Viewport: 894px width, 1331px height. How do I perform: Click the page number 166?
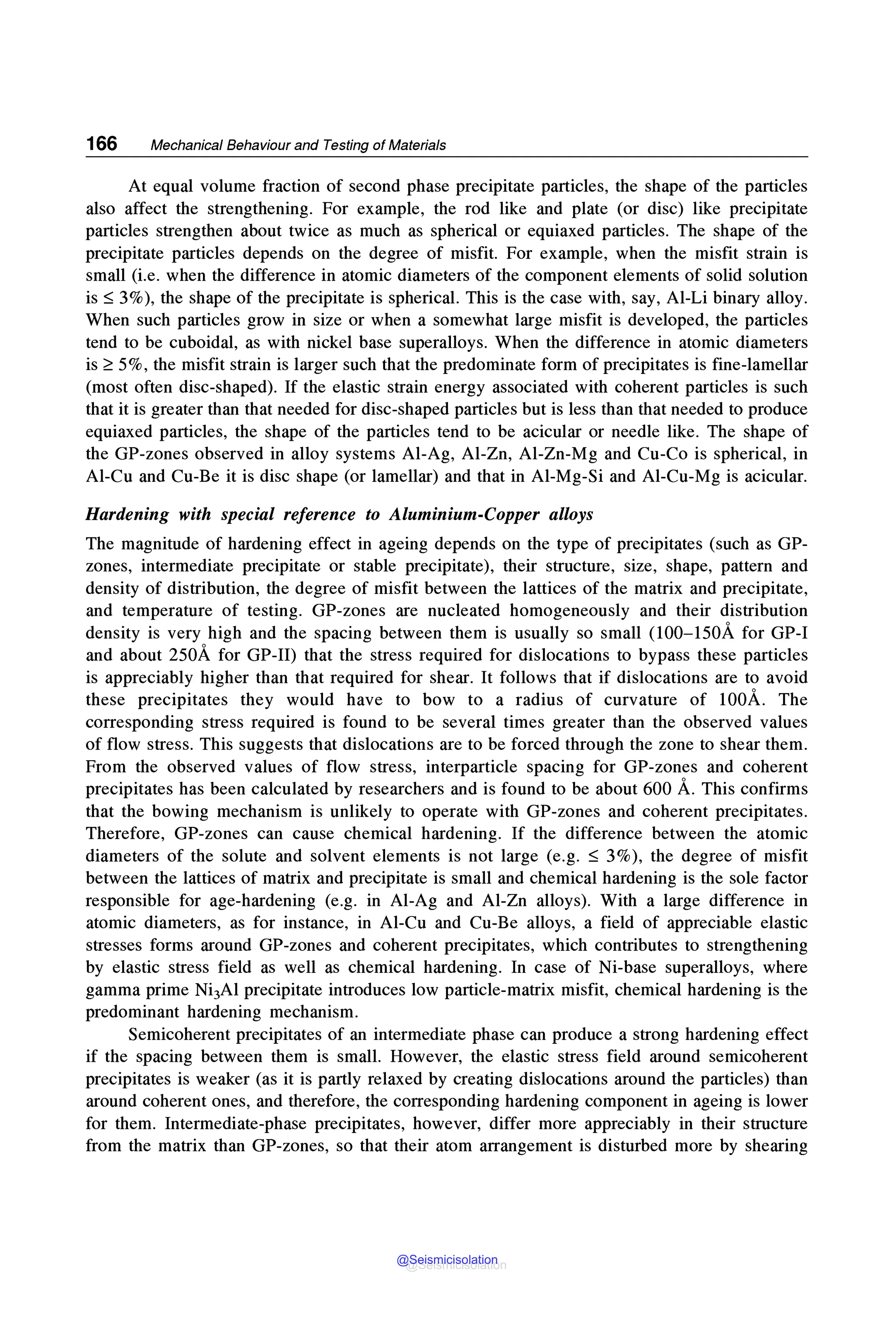pos(101,144)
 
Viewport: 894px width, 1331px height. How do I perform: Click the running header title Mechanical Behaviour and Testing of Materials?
pos(298,145)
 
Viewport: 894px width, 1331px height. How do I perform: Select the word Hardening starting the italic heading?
pos(127,515)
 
